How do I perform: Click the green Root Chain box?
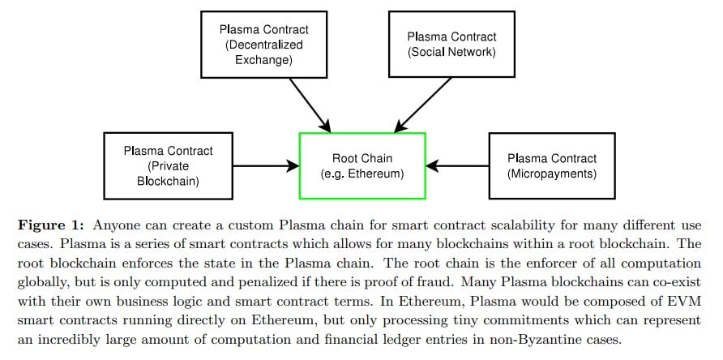point(362,165)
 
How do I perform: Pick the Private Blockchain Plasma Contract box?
point(168,165)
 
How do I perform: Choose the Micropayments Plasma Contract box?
point(551,165)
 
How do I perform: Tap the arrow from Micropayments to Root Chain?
point(457,165)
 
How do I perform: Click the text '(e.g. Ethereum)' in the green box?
point(362,174)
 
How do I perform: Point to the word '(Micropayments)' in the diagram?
point(551,174)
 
